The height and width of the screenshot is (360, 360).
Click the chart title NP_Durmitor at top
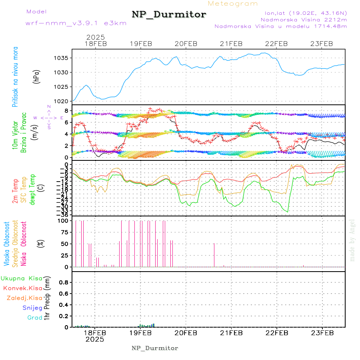tap(169, 15)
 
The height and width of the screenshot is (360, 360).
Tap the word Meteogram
tap(233, 4)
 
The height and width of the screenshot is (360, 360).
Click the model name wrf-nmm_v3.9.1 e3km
tap(76, 23)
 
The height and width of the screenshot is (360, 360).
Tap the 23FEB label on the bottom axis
tap(322, 333)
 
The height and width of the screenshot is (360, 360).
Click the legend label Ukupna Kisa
tap(22, 278)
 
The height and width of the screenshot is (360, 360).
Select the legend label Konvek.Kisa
tap(23, 288)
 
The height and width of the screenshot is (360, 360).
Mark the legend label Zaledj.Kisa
tap(24, 298)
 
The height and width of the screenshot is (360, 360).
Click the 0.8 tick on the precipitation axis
tap(63, 282)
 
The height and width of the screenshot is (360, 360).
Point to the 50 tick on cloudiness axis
tap(63, 244)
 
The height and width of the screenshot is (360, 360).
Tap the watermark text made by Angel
tap(352, 240)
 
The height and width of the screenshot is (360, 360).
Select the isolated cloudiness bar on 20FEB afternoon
tap(214, 255)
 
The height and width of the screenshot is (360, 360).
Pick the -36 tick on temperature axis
tap(63, 215)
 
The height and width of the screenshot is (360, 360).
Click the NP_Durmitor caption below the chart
tap(155, 348)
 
